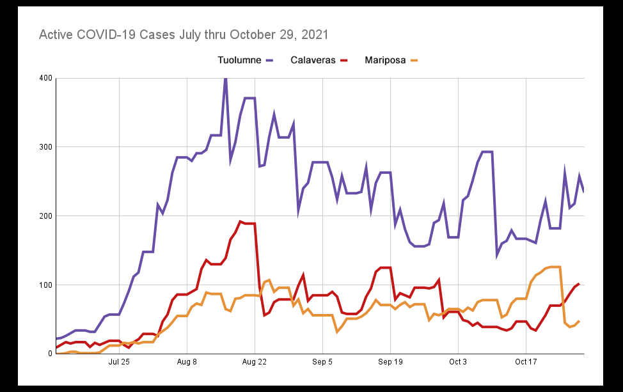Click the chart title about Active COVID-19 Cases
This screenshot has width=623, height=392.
[184, 34]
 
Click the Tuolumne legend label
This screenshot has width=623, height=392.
[239, 60]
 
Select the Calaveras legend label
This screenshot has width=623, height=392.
[313, 60]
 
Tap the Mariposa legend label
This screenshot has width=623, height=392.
[385, 60]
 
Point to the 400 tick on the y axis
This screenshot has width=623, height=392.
[45, 78]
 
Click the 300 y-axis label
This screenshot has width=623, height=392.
[45, 147]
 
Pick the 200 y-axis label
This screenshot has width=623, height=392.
[45, 216]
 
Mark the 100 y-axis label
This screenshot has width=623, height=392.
[45, 285]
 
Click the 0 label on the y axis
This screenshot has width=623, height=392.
[49, 354]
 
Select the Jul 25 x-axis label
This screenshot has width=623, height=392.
[119, 363]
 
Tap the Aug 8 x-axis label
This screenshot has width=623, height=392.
[187, 363]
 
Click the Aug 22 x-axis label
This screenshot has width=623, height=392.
[255, 363]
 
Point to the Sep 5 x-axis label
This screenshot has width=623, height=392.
[322, 363]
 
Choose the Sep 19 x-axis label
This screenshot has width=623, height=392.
[390, 363]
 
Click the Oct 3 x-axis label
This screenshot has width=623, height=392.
[458, 363]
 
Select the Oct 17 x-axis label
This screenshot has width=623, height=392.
[526, 363]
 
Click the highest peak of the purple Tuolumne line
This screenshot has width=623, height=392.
[225, 79]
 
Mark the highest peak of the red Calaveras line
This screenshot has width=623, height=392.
[241, 222]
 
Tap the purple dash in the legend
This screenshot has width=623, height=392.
[270, 60]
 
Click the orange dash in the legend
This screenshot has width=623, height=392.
[414, 60]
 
